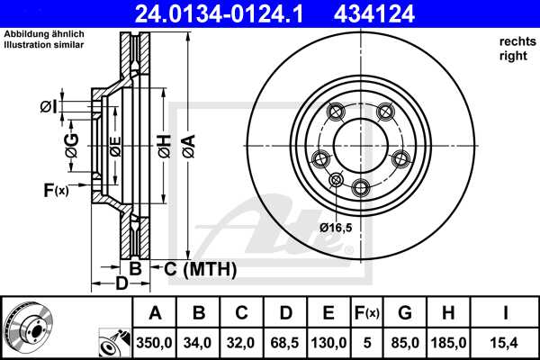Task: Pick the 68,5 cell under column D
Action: tap(285, 342)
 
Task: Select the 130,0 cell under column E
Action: tap(328, 342)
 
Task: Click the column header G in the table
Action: tap(405, 313)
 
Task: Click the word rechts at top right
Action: tap(517, 42)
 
